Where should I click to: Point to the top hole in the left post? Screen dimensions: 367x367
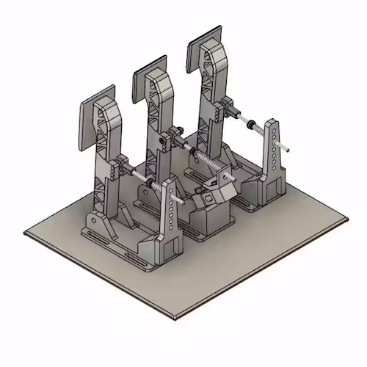click(171, 189)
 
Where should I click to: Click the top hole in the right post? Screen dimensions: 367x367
click(272, 131)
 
